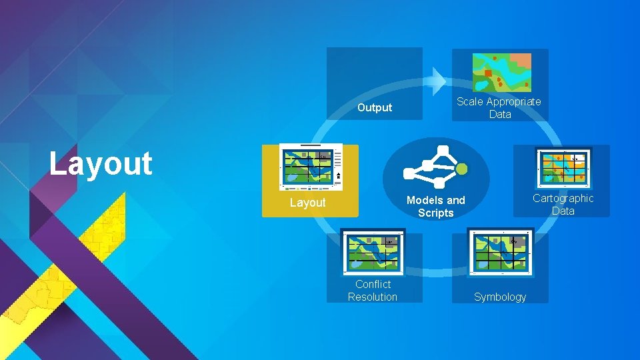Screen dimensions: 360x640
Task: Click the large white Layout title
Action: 101,163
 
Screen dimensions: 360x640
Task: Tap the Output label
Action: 375,107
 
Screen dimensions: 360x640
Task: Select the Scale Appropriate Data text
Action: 499,107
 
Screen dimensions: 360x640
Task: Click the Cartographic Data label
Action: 563,204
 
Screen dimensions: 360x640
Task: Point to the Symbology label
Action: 500,297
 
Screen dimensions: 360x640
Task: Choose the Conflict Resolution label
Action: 373,291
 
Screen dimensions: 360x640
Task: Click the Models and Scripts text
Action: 436,207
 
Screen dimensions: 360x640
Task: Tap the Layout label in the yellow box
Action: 307,202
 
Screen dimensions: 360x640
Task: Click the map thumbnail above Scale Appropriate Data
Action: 502,72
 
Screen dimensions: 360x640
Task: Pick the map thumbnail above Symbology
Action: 500,251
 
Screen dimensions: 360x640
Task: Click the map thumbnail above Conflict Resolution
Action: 373,251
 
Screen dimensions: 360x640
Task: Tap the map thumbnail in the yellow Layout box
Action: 311,167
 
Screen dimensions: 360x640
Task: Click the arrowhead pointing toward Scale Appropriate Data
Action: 437,81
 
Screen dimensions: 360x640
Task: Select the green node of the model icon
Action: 462,169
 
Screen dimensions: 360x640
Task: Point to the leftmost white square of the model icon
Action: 409,174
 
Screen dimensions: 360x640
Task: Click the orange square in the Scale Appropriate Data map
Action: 488,73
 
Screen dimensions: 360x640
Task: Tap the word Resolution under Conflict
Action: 373,297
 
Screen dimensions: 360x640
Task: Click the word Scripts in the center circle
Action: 436,213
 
